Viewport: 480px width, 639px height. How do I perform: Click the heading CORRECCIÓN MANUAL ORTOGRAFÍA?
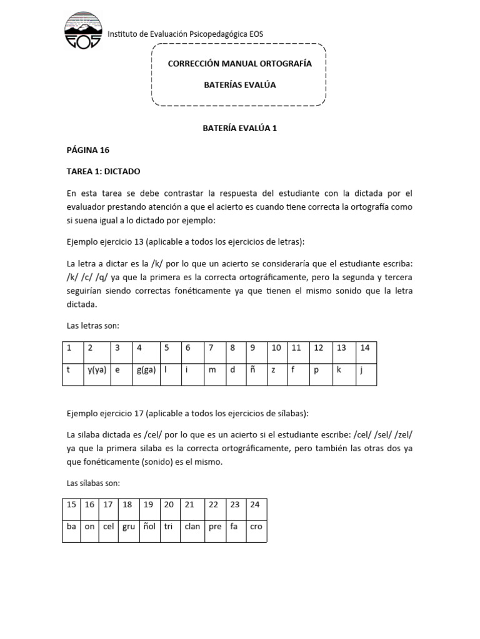[239, 64]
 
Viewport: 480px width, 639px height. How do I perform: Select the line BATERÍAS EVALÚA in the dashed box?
[239, 84]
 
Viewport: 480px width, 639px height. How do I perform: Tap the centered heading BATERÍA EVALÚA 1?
[239, 128]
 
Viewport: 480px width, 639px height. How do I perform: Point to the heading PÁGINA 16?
[88, 150]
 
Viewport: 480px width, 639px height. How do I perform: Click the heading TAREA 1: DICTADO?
[103, 171]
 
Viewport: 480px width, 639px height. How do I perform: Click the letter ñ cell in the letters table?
[252, 369]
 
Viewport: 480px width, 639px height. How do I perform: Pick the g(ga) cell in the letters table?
[146, 369]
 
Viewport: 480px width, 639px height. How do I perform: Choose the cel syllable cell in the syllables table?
[108, 526]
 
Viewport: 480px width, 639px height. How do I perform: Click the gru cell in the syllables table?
[128, 526]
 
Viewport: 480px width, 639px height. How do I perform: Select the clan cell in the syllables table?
[192, 526]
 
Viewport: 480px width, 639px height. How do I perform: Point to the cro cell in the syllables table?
[256, 526]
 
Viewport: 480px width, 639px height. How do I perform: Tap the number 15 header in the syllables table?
[71, 504]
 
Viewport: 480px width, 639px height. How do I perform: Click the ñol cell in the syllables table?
[149, 526]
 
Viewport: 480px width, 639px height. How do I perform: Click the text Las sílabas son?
[93, 483]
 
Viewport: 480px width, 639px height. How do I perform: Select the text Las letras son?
[92, 326]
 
